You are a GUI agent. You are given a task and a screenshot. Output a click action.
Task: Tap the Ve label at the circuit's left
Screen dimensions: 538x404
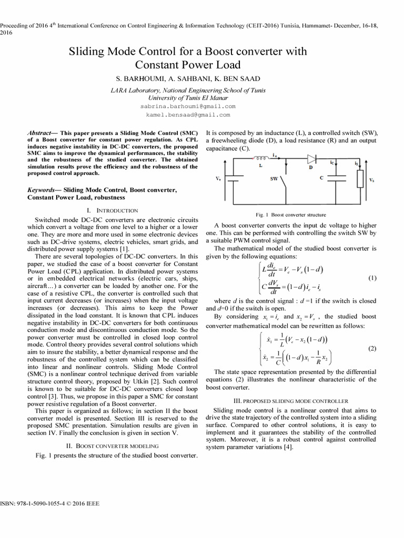click(x=218, y=179)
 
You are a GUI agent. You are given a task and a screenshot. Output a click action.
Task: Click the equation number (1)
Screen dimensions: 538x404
click(x=372, y=278)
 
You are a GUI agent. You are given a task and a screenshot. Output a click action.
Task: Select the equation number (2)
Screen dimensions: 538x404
click(x=372, y=348)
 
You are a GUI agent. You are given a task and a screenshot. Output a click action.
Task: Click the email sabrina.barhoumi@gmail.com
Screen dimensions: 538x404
click(x=188, y=106)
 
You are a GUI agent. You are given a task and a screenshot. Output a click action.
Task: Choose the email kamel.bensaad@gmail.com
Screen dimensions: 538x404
click(x=188, y=114)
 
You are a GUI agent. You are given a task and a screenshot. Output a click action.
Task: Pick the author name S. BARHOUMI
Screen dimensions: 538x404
click(x=138, y=79)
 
